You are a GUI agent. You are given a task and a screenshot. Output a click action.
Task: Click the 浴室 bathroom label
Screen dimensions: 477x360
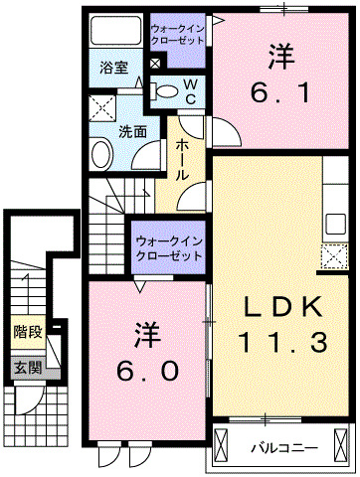coord(113,69)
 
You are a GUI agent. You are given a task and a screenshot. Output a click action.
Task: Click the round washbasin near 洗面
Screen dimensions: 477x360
coord(101,155)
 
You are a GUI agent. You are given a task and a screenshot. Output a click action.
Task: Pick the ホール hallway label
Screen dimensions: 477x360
coord(183,159)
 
